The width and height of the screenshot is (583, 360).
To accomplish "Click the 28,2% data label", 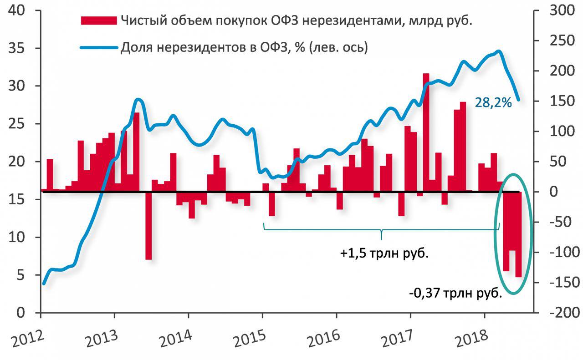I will (493, 103).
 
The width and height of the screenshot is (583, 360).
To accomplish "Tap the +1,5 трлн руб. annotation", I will (384, 253).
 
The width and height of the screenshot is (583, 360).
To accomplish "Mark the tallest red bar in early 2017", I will (426, 132).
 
